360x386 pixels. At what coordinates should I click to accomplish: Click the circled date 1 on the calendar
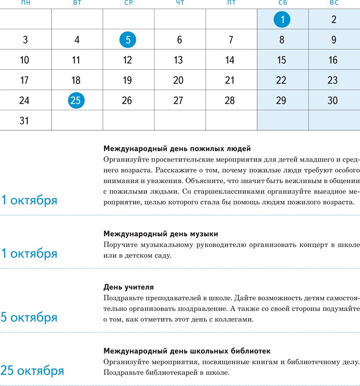pyautogui.click(x=282, y=20)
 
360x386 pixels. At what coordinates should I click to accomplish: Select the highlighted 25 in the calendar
pyautogui.click(x=76, y=101)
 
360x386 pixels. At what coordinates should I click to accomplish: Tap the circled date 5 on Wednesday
pyautogui.click(x=128, y=40)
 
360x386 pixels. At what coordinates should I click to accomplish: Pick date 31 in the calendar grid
pyautogui.click(x=24, y=121)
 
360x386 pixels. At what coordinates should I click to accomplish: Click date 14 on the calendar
pyautogui.click(x=230, y=61)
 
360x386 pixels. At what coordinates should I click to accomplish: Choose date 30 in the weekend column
pyautogui.click(x=333, y=101)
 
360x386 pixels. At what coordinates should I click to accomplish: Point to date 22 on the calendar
pyautogui.click(x=281, y=81)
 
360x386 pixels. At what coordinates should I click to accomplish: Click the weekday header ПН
pyautogui.click(x=26, y=3)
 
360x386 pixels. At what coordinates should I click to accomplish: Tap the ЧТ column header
pyautogui.click(x=180, y=3)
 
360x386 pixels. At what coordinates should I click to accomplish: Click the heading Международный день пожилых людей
pyautogui.click(x=177, y=148)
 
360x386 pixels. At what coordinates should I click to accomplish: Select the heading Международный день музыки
pyautogui.click(x=161, y=234)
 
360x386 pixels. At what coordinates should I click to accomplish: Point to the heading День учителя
pyautogui.click(x=129, y=287)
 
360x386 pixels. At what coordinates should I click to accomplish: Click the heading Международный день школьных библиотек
pyautogui.click(x=187, y=351)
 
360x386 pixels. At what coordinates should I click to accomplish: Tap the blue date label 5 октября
pyautogui.click(x=29, y=318)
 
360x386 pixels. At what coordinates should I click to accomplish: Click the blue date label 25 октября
pyautogui.click(x=32, y=371)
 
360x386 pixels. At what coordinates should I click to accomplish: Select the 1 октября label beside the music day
pyautogui.click(x=29, y=254)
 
